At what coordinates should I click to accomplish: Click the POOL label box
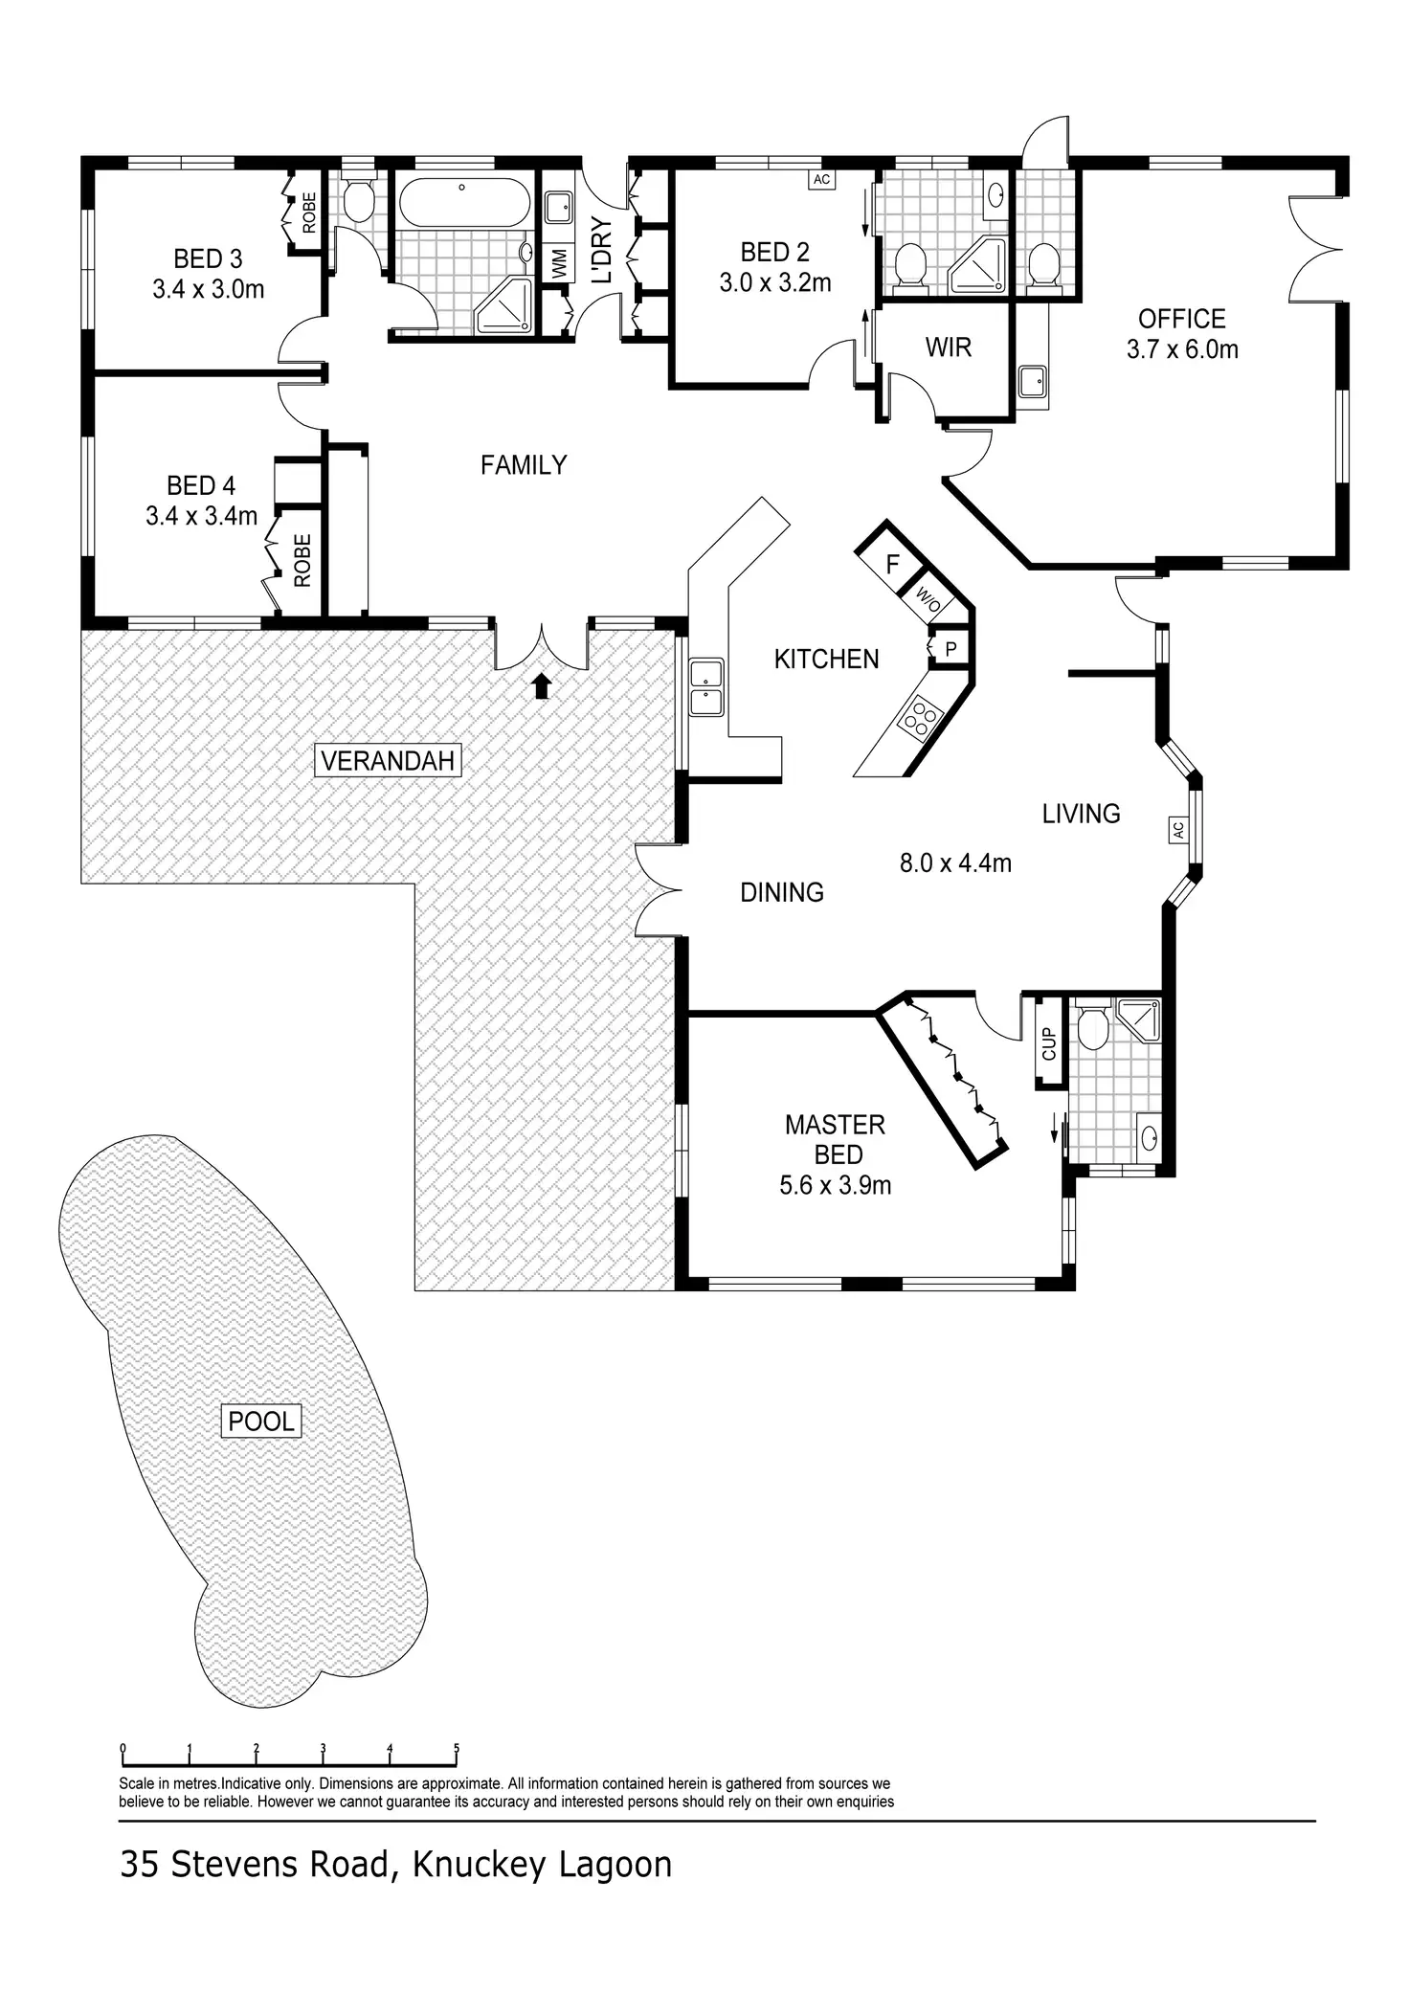(261, 1421)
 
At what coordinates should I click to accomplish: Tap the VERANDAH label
(389, 761)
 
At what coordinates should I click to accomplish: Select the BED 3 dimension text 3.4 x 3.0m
(208, 289)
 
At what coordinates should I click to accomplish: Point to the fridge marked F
(892, 565)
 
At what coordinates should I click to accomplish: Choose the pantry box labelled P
(951, 648)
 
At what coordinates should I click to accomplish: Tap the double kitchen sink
(706, 687)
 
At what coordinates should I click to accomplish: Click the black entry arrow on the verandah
(542, 685)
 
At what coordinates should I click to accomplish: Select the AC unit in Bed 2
(821, 179)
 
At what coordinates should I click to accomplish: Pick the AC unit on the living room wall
(1177, 829)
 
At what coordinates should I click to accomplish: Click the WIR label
(949, 347)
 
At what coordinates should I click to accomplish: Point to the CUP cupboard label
(1048, 1043)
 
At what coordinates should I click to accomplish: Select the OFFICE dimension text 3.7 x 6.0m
(1182, 349)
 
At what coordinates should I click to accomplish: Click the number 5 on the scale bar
(457, 1748)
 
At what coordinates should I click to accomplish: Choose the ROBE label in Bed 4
(302, 560)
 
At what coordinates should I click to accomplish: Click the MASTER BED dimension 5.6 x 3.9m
(835, 1185)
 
